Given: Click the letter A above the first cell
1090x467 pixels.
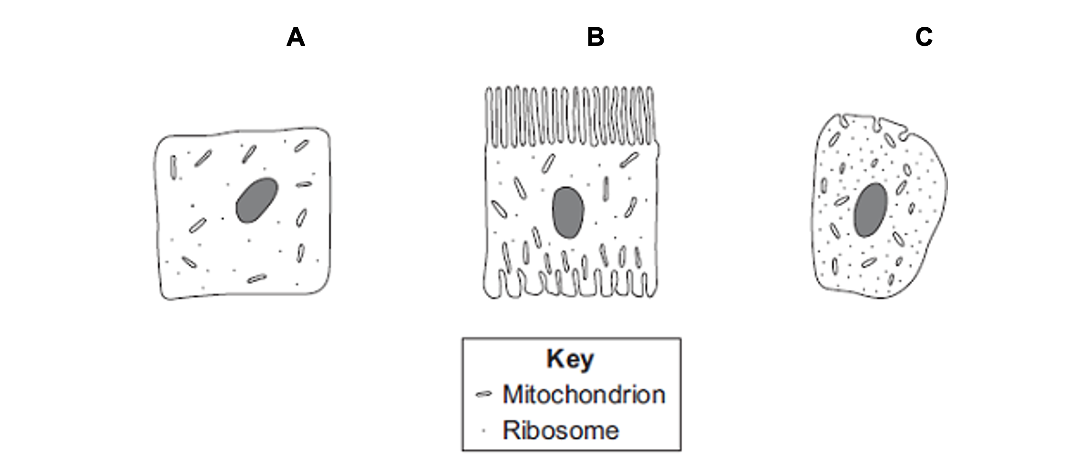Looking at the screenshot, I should pyautogui.click(x=295, y=37).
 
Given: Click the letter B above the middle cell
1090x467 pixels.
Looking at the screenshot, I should pyautogui.click(x=596, y=37).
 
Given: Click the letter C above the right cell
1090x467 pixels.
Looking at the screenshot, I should pyautogui.click(x=924, y=37).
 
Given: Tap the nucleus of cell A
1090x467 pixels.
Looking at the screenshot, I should pyautogui.click(x=257, y=200).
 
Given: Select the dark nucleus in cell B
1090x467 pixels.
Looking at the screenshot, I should pyautogui.click(x=567, y=212).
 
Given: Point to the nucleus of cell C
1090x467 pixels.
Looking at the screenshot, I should pyautogui.click(x=871, y=210).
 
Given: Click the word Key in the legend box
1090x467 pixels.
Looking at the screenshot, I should pyautogui.click(x=570, y=359).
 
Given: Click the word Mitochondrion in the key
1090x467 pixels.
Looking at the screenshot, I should pyautogui.click(x=584, y=394).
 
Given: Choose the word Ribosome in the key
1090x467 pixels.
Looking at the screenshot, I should pyautogui.click(x=560, y=430).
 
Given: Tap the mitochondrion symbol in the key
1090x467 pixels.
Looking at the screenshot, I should pyautogui.click(x=483, y=394).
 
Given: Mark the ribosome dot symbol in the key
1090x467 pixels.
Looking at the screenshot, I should pyautogui.click(x=483, y=431).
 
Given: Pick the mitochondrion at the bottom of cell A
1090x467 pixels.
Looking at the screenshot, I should pyautogui.click(x=257, y=278).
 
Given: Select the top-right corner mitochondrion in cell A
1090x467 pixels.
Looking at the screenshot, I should pyautogui.click(x=301, y=146).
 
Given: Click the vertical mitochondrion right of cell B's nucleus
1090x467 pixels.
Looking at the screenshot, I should pyautogui.click(x=606, y=188).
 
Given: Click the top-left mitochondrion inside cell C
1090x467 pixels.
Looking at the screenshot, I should pyautogui.click(x=834, y=139).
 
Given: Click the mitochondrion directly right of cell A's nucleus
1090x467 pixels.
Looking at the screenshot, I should pyautogui.click(x=304, y=184).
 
